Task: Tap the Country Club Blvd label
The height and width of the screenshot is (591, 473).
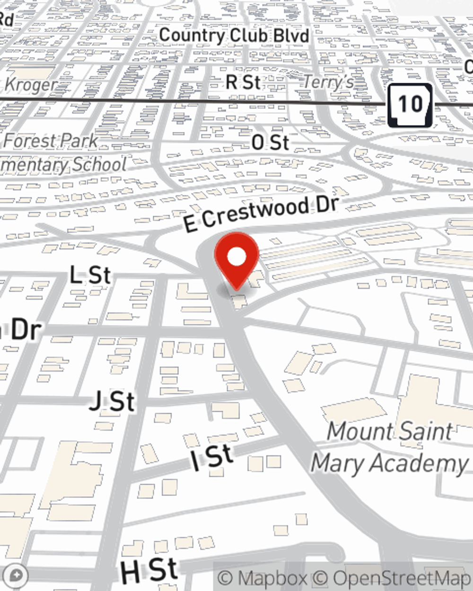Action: coord(234,35)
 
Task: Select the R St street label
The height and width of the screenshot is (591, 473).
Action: coord(243,82)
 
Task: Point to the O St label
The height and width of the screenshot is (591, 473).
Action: coord(270,142)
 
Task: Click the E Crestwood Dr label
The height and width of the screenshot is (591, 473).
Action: coord(261,214)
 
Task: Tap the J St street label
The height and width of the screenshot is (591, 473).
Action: coord(113,402)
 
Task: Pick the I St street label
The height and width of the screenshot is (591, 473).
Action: coord(212,458)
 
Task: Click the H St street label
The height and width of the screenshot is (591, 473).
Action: coord(149,571)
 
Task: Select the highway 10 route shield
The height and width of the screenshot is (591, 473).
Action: coord(410,105)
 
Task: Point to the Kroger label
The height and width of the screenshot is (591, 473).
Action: coord(30,85)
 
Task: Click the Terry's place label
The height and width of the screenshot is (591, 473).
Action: coord(328,82)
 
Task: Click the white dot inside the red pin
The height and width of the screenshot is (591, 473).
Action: coord(237,257)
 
